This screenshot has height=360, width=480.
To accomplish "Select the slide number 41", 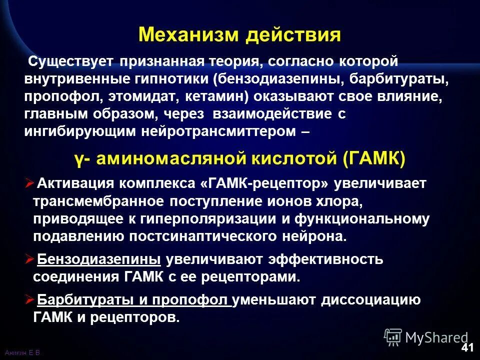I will click(467, 347).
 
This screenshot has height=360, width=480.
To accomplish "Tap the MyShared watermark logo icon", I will click(393, 337).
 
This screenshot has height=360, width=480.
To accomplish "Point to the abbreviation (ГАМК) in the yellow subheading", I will click(374, 159).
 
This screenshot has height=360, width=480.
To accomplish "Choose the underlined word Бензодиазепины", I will click(99, 259).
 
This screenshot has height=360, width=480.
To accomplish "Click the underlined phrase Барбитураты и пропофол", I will click(134, 300).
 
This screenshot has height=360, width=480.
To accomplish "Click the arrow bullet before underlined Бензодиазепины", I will click(28, 259).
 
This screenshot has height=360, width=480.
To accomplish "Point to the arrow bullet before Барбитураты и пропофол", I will click(28, 299).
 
